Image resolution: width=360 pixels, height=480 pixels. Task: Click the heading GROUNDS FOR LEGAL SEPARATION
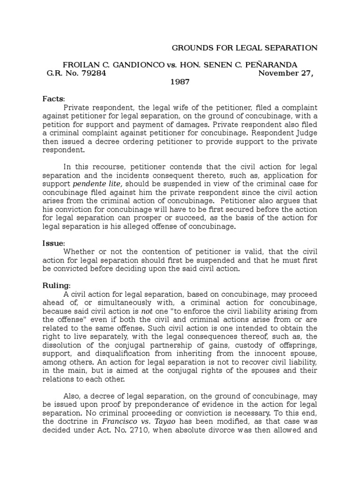tap(245, 48)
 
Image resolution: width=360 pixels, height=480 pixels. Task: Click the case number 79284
tap(94, 73)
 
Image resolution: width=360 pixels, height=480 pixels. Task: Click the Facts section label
tap(53, 99)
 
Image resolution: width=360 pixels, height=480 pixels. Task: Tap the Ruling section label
tap(56, 285)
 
